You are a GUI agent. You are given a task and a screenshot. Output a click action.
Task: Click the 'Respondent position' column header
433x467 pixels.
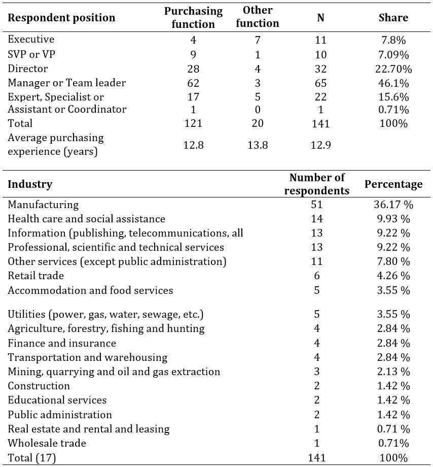pyautogui.click(x=61, y=18)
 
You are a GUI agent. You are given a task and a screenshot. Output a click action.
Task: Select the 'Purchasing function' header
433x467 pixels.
pyautogui.click(x=193, y=18)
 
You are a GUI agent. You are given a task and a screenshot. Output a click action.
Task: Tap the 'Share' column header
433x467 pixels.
pyautogui.click(x=393, y=18)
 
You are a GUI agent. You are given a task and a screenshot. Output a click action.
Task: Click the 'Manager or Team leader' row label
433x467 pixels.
pyautogui.click(x=66, y=83)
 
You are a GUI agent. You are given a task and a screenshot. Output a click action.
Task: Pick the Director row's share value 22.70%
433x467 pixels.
pyautogui.click(x=393, y=69)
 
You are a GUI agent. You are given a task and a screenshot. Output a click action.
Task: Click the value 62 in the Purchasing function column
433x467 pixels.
pyautogui.click(x=193, y=83)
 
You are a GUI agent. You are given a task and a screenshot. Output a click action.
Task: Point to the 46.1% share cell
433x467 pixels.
pyautogui.click(x=393, y=83)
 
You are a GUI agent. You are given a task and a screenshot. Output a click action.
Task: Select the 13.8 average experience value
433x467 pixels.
pyautogui.click(x=258, y=145)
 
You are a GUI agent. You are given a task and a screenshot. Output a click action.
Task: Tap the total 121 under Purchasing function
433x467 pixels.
pyautogui.click(x=193, y=123)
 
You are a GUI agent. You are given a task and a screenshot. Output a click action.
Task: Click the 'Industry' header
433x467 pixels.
pyautogui.click(x=30, y=184)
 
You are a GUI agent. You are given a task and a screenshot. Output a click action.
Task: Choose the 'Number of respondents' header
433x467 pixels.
pyautogui.click(x=317, y=184)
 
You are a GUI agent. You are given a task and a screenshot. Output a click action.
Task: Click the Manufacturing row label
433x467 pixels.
pyautogui.click(x=43, y=205)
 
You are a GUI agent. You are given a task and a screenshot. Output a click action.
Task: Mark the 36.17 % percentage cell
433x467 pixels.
pyautogui.click(x=393, y=205)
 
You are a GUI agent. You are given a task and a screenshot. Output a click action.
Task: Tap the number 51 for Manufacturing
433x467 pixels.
pyautogui.click(x=317, y=205)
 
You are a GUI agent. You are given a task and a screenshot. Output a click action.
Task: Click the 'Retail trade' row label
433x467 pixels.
pyautogui.click(x=35, y=276)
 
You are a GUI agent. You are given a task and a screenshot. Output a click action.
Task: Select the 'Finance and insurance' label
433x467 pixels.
pyautogui.click(x=62, y=343)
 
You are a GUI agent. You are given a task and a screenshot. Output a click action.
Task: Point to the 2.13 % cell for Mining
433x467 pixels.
pyautogui.click(x=393, y=372)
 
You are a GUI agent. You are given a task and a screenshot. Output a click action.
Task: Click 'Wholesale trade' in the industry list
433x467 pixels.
pyautogui.click(x=47, y=443)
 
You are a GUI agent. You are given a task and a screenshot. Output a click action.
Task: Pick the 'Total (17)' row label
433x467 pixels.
pyautogui.click(x=32, y=458)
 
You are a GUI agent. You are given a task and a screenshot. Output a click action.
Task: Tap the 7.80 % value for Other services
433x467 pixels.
pyautogui.click(x=393, y=261)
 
